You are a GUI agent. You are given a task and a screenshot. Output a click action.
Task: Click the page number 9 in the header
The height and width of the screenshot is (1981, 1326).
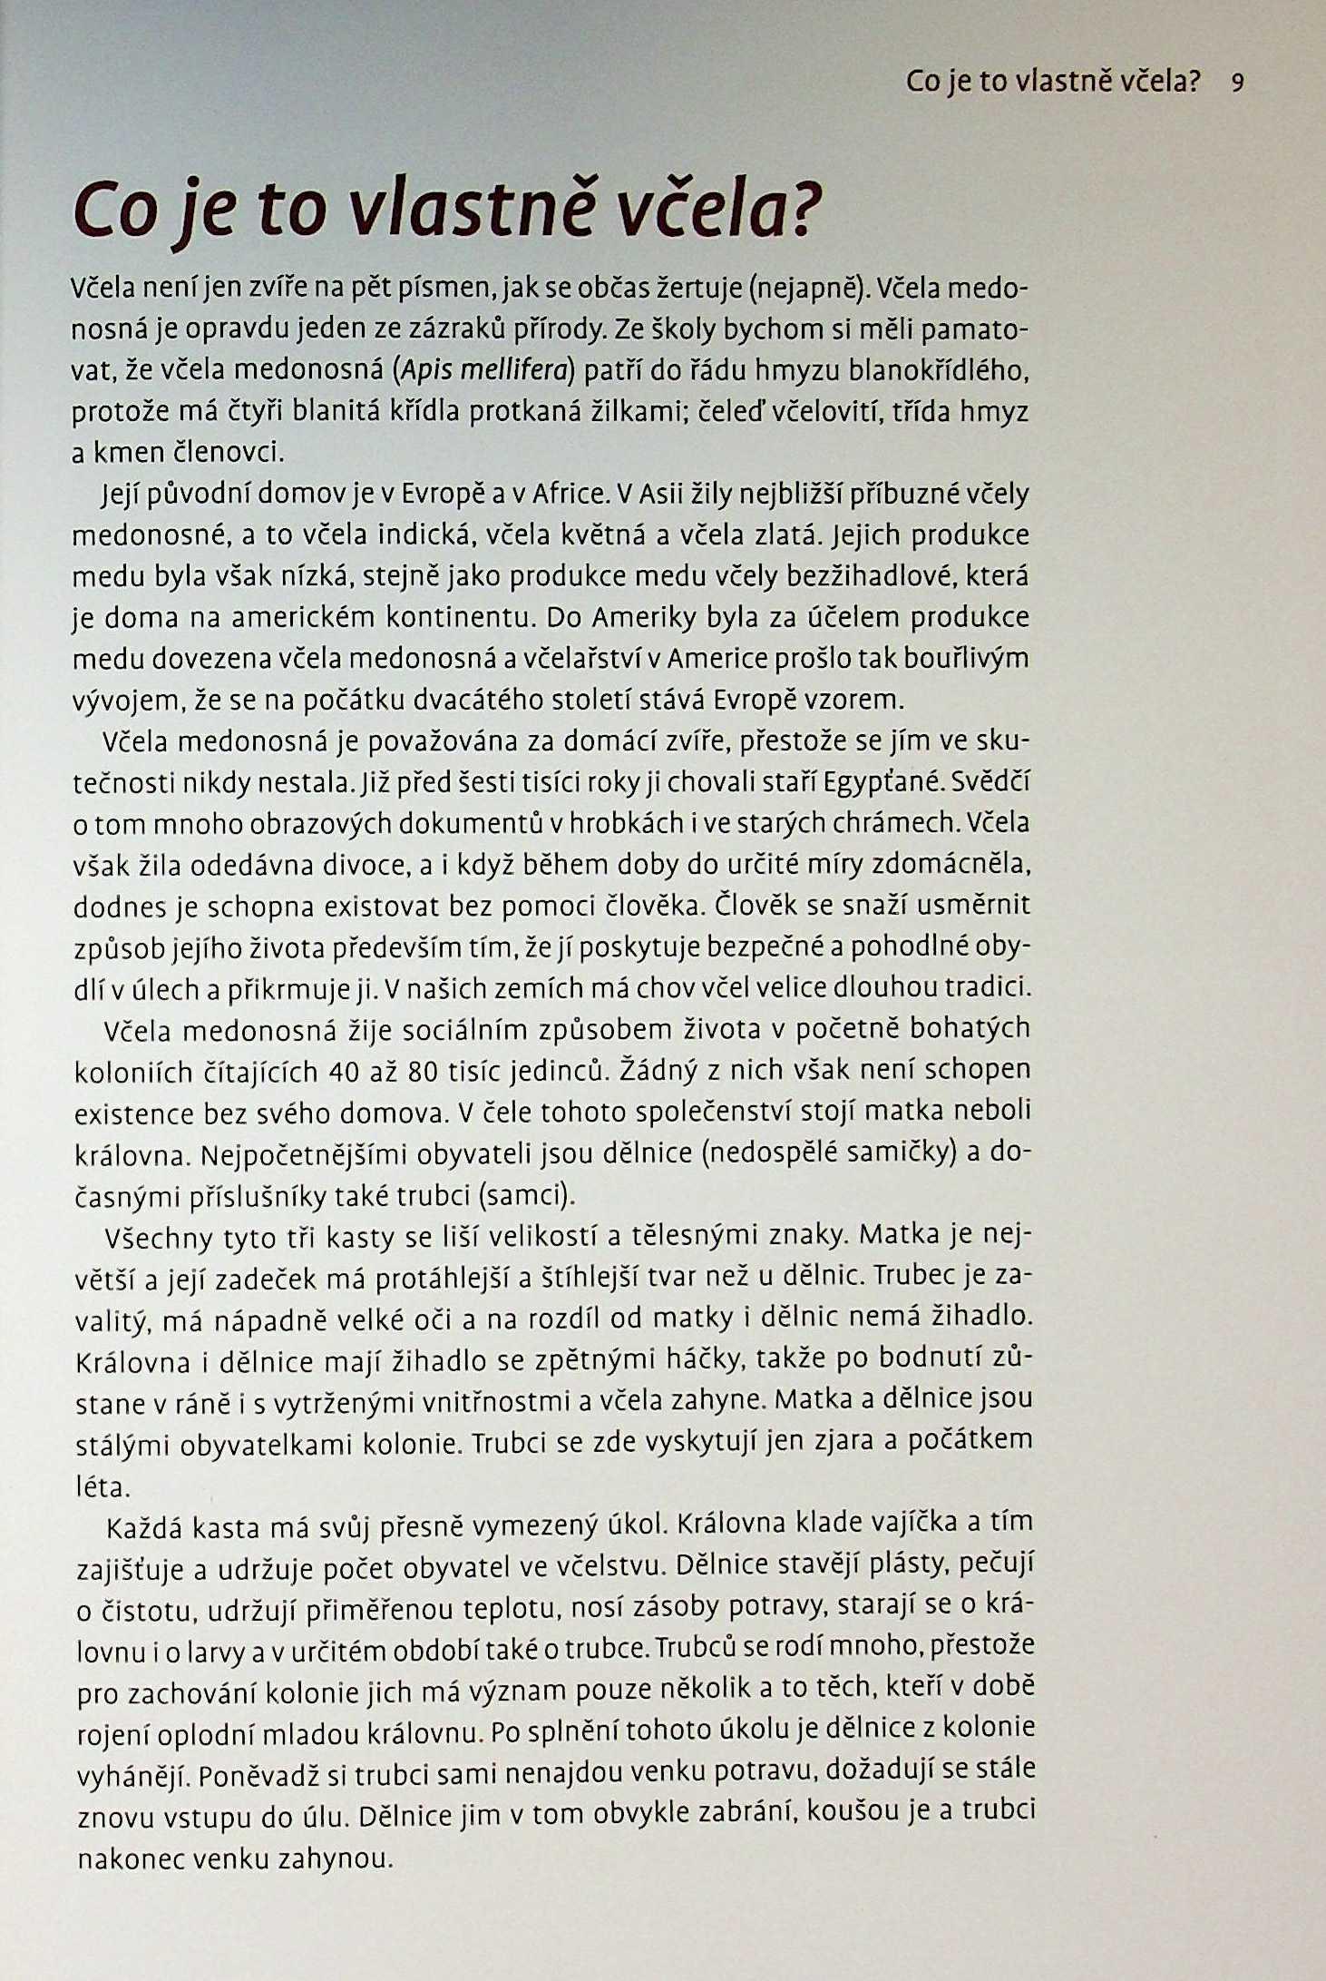click(1238, 83)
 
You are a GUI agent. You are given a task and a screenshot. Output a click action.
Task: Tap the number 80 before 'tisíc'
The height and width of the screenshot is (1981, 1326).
click(424, 1073)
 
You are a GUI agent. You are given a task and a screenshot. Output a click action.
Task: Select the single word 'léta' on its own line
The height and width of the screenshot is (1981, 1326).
click(104, 1486)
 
